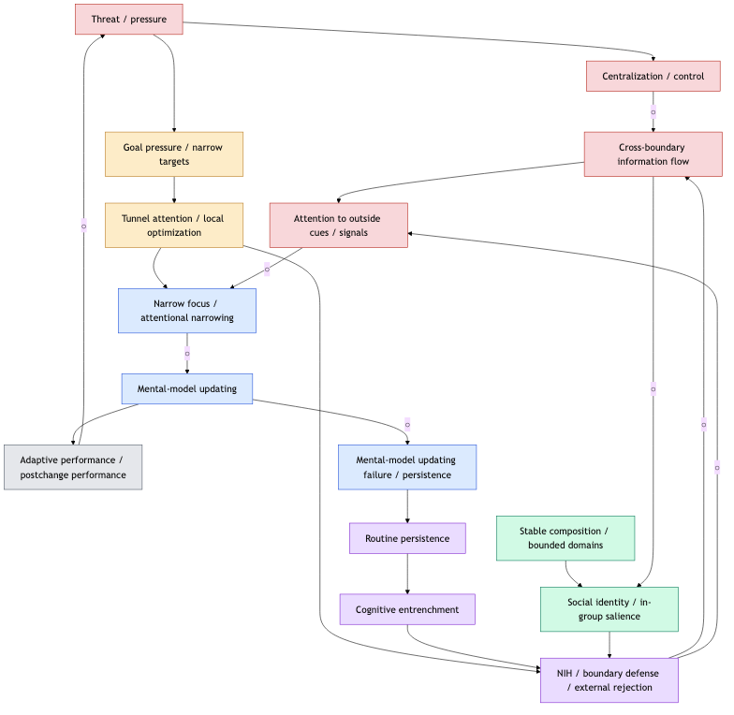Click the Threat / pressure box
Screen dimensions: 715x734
click(128, 19)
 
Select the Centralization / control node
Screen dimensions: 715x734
click(653, 76)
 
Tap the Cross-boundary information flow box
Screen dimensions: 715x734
click(653, 154)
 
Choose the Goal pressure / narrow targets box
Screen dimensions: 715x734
click(174, 154)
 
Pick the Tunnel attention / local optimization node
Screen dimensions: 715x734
click(174, 226)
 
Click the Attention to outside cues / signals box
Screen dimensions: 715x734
click(338, 226)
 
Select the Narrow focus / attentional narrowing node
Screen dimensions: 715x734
click(187, 311)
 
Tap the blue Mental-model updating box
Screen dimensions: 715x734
click(187, 388)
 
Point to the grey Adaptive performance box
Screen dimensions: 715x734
click(73, 467)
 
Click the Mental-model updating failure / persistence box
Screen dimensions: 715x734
click(407, 467)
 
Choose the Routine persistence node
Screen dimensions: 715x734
click(407, 538)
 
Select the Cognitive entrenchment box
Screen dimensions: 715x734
click(407, 609)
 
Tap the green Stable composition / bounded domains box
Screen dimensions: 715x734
click(565, 538)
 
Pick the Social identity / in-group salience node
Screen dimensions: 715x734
click(609, 609)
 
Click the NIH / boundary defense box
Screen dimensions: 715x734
click(609, 680)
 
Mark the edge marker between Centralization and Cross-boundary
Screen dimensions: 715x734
click(653, 112)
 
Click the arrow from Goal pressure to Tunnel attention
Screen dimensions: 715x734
click(174, 190)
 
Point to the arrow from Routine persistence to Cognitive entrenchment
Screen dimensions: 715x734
click(407, 574)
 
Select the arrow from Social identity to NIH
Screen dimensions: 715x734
click(609, 645)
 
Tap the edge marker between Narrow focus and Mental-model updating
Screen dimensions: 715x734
click(187, 353)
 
